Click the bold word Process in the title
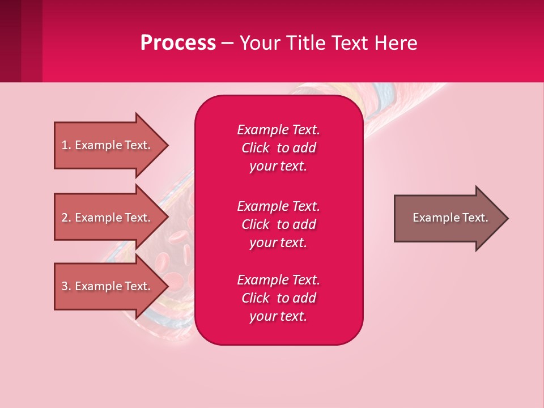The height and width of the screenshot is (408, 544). tap(178, 43)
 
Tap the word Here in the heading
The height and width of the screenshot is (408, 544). tap(394, 43)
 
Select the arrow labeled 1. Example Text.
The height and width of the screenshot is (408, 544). tap(108, 145)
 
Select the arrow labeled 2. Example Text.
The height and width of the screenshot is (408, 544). tap(108, 218)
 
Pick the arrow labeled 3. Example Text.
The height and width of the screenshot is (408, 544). tap(108, 286)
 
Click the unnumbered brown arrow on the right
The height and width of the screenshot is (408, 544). tap(448, 218)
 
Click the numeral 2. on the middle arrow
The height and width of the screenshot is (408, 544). tap(66, 218)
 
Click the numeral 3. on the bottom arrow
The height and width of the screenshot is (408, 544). tap(66, 286)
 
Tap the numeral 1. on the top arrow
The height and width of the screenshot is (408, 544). tap(66, 145)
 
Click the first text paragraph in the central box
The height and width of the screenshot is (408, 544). tap(278, 148)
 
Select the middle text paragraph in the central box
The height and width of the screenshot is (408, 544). tap(278, 224)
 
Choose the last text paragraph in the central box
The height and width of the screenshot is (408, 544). tap(278, 298)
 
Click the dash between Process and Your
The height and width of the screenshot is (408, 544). tap(227, 44)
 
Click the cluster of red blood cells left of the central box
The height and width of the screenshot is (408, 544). tap(173, 249)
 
